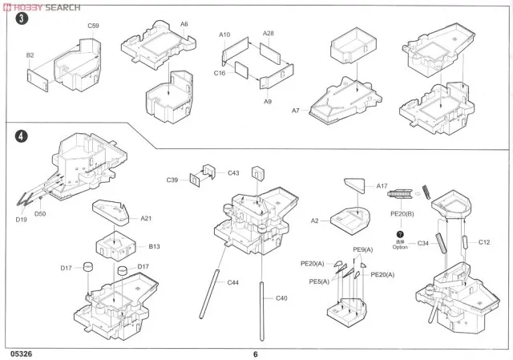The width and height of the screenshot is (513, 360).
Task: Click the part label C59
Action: [93, 26]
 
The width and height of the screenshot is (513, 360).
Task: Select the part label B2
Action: [30, 55]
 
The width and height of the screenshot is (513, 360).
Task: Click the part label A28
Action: [269, 34]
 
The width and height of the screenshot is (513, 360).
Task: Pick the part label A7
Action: [296, 110]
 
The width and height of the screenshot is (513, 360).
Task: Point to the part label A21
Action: [147, 218]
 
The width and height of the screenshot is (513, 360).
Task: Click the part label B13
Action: [155, 247]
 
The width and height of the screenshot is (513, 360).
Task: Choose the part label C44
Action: [233, 282]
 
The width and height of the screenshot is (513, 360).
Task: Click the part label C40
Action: [281, 299]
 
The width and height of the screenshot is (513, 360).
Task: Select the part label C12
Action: [483, 241]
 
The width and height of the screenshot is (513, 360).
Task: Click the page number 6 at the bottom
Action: [255, 354]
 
